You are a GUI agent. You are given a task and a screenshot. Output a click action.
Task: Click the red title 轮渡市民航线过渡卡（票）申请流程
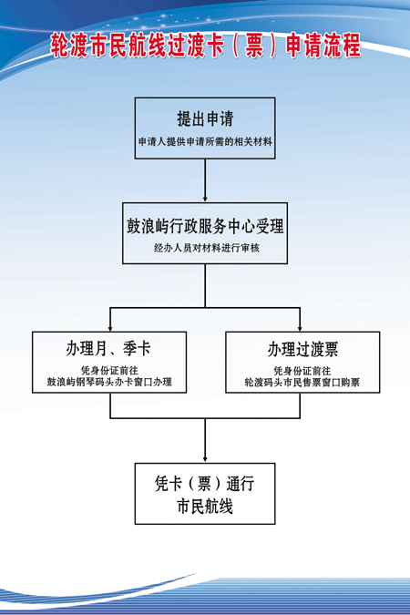(206, 46)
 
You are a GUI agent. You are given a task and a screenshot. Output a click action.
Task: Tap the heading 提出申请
(205, 118)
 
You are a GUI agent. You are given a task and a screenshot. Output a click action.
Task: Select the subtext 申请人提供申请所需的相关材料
(205, 141)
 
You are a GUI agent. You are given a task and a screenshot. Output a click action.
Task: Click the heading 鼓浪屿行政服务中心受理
(205, 226)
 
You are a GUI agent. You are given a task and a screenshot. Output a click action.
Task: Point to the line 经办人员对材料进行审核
(207, 248)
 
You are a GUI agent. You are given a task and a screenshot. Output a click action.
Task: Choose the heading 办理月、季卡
(108, 348)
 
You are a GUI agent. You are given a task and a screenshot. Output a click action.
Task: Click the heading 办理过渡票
(302, 349)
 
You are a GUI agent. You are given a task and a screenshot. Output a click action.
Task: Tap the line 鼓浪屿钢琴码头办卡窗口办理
(109, 382)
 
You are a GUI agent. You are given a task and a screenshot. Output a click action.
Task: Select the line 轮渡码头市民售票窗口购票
(302, 382)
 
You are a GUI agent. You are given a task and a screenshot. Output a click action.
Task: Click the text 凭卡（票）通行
(204, 484)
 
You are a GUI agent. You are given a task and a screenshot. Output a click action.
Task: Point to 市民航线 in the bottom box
(205, 507)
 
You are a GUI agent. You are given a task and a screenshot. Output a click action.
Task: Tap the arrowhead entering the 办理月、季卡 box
(110, 328)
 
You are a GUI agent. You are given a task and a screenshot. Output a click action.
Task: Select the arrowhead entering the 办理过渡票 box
(300, 328)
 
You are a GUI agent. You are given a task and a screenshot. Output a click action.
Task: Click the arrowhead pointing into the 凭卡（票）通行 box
(205, 459)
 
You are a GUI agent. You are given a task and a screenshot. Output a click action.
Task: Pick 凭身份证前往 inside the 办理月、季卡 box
(109, 370)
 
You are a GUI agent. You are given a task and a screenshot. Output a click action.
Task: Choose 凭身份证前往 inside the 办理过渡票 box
(302, 371)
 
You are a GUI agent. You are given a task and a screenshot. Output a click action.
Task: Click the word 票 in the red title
(254, 46)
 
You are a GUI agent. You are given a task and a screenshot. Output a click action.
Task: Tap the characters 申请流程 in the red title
(323, 46)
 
